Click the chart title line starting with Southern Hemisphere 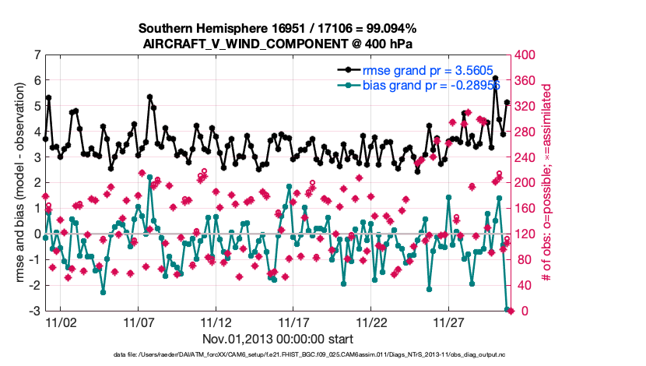click(279, 29)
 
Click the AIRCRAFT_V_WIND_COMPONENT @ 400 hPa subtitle click(279, 44)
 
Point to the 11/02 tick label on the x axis click(61, 322)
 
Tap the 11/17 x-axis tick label click(293, 322)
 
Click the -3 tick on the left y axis click(35, 311)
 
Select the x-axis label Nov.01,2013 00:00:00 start click(279, 339)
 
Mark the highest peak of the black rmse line click(495, 79)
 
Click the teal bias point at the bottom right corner click(507, 310)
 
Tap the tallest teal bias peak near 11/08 click(149, 178)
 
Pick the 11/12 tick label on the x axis click(216, 322)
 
